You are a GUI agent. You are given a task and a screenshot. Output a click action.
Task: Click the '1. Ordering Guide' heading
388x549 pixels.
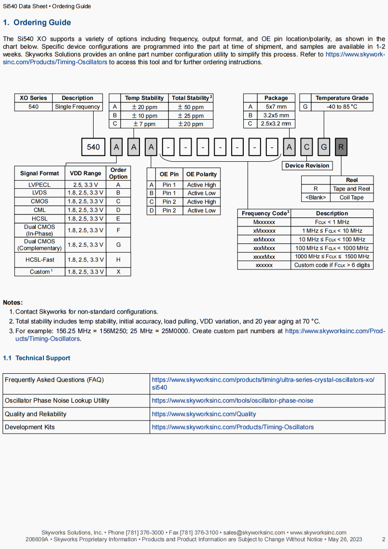[x=37, y=23]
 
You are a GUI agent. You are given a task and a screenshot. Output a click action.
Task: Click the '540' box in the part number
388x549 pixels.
[x=93, y=147]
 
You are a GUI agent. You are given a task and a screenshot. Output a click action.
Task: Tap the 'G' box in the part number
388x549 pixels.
[x=324, y=147]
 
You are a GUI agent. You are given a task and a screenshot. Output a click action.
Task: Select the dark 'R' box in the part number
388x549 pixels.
[x=341, y=147]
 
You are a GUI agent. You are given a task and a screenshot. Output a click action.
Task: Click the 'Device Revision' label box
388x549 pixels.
[x=307, y=166]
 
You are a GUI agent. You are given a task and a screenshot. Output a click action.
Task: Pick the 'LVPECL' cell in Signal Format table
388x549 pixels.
[x=40, y=184]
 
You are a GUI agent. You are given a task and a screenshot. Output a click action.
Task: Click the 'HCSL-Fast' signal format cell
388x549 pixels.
[x=40, y=260]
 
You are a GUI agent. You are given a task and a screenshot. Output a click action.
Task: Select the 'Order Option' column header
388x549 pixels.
[x=118, y=173]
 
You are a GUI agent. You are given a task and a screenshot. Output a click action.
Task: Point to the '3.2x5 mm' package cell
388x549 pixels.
[x=276, y=115]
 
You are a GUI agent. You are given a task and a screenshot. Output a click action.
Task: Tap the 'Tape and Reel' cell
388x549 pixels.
[x=351, y=189]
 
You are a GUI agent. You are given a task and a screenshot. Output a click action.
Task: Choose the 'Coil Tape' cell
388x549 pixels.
[x=351, y=197]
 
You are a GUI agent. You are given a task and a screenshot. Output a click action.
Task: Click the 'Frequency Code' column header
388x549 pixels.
[x=264, y=213]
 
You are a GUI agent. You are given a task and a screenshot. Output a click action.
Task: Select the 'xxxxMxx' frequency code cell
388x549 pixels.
[x=264, y=256]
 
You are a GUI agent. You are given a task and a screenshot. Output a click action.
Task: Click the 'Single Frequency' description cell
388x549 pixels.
[x=77, y=107]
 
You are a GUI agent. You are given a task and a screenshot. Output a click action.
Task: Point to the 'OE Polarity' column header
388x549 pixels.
[x=202, y=174]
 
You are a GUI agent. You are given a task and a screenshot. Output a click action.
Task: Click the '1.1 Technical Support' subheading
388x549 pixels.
[x=37, y=358]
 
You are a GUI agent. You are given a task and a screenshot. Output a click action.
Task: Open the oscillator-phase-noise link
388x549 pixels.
[x=232, y=401]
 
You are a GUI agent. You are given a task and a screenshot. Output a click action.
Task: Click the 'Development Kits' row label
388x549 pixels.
[x=30, y=427]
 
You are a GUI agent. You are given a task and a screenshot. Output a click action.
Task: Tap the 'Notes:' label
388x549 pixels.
[x=13, y=303]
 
